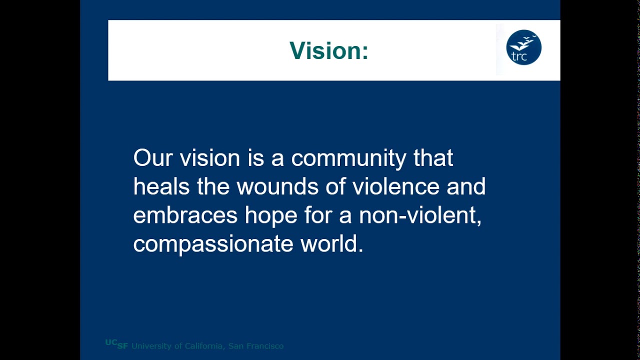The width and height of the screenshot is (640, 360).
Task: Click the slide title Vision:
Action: pos(328,50)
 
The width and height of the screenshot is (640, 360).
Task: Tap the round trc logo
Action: pos(523,47)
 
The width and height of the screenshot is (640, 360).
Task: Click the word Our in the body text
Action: pos(152,158)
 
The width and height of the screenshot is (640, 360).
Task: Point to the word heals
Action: pos(161,186)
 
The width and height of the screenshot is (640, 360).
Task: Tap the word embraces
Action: pos(185,215)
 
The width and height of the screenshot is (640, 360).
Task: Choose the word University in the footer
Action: pos(149,346)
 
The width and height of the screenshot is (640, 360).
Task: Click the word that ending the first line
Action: pos(433,158)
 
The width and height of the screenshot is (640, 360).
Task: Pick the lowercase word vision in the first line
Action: pos(209,158)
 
